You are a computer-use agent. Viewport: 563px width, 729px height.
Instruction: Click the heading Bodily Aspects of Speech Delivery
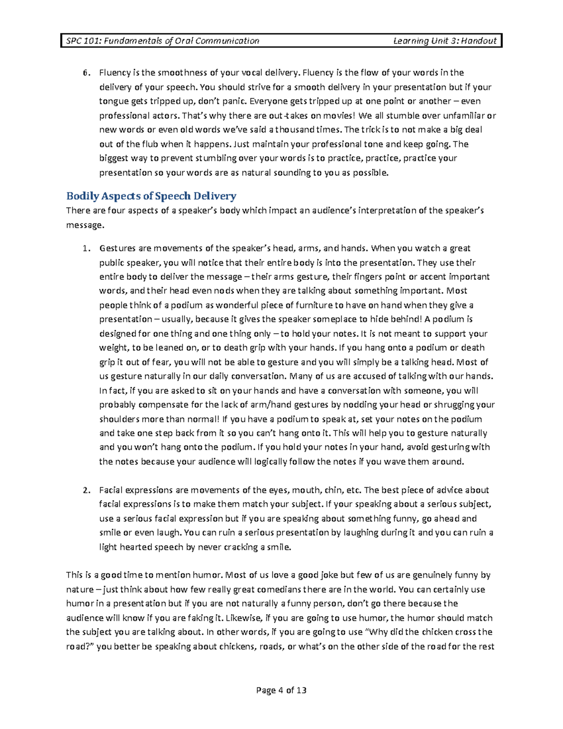pos(151,196)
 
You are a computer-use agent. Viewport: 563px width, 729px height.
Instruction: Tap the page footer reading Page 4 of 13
pos(281,690)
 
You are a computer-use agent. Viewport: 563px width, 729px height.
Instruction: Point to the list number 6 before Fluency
pos(85,73)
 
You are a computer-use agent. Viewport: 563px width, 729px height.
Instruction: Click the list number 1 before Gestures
pos(85,248)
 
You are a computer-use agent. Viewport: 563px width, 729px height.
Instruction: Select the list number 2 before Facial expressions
pos(85,490)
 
